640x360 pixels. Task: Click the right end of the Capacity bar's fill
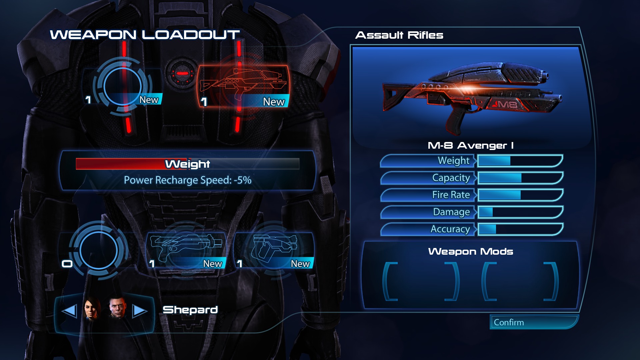(x=521, y=178)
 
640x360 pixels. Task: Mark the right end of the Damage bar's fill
(x=493, y=212)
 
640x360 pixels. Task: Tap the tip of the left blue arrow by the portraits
(x=62, y=311)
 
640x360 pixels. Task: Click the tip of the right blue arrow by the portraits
(x=147, y=311)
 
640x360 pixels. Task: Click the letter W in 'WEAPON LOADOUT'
(x=60, y=35)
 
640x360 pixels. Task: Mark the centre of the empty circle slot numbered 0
(x=98, y=250)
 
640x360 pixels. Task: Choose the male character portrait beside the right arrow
(x=117, y=307)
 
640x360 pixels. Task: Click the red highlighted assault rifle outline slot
(x=243, y=86)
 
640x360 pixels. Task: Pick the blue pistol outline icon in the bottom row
(x=274, y=248)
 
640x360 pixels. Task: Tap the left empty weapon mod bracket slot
(x=421, y=281)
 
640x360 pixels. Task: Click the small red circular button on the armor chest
(x=182, y=73)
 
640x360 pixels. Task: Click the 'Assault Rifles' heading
(x=399, y=35)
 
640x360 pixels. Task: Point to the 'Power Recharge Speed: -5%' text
(x=188, y=180)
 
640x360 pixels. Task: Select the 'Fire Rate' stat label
(x=451, y=195)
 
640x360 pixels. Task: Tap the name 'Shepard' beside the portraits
(x=190, y=310)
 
